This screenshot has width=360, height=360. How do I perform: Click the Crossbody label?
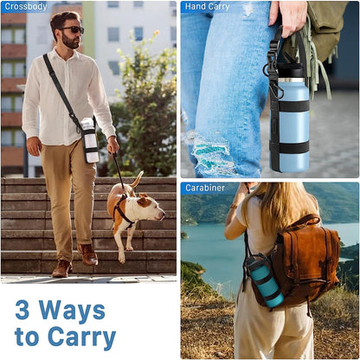[x=26, y=7]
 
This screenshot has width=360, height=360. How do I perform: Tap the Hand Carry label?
[x=207, y=7]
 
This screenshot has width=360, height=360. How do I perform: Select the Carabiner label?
[x=205, y=188]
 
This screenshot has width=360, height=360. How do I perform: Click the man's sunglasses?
[x=73, y=29]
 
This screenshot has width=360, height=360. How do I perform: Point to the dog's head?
[x=151, y=207]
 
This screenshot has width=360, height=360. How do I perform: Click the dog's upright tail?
[x=137, y=179]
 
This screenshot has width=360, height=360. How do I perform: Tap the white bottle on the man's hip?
[x=90, y=140]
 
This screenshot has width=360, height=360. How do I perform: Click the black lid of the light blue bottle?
[x=290, y=70]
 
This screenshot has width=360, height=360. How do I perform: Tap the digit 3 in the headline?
[x=22, y=310]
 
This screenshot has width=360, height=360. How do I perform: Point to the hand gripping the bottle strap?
[x=288, y=18]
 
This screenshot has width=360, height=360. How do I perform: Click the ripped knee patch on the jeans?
[x=212, y=154]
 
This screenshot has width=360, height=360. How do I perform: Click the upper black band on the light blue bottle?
[x=293, y=106]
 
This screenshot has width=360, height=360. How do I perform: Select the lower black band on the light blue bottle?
[x=293, y=147]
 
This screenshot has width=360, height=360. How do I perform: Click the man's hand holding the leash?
[x=112, y=145]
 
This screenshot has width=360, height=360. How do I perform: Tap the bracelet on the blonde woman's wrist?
[x=234, y=206]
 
